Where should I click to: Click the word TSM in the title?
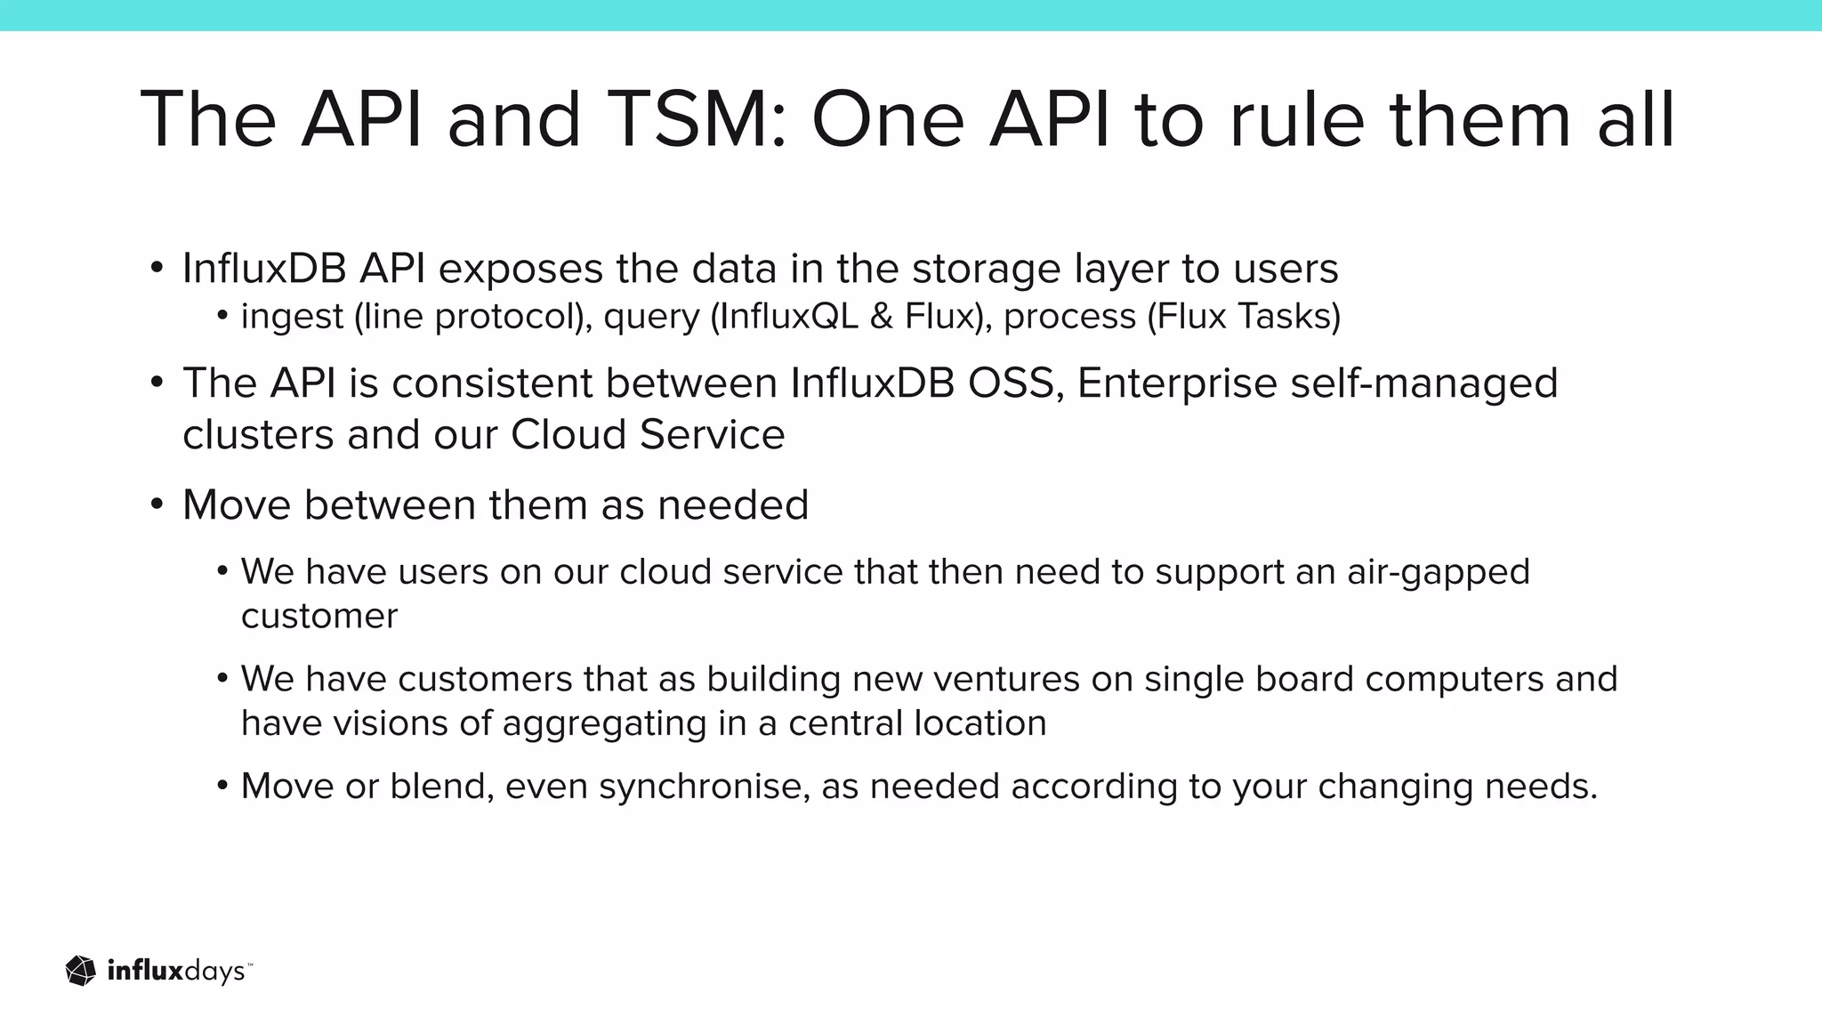[x=700, y=119]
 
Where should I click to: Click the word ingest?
[x=292, y=317]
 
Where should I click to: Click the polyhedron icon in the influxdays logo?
[x=81, y=971]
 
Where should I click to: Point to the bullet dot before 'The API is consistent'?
[x=157, y=383]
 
